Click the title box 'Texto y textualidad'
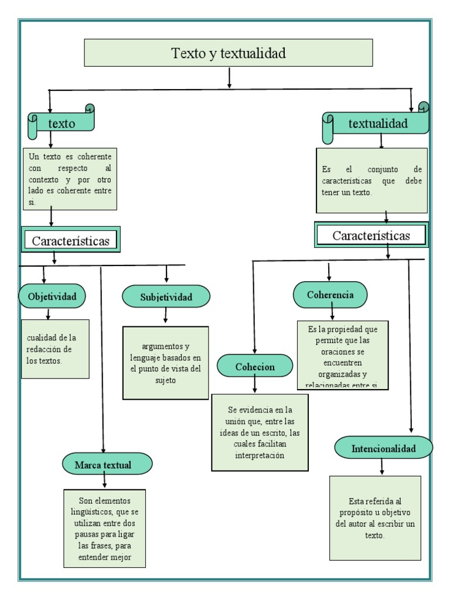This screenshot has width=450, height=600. pos(229,53)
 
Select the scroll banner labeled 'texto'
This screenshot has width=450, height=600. pos(62,123)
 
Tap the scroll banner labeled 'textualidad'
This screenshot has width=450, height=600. pos(377,124)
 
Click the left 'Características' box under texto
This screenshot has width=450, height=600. pos(70,240)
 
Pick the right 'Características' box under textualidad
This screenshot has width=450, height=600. pos(371,236)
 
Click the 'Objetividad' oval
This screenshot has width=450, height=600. pos(52,296)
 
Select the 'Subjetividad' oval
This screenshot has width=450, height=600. pos(166,297)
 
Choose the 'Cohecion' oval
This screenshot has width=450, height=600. pos(255,366)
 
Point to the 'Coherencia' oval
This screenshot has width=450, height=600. pos(330,295)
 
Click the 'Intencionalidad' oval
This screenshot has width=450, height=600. pos(384,448)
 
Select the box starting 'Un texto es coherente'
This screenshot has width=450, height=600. pos(71,179)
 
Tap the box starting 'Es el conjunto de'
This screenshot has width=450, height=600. pos(371,180)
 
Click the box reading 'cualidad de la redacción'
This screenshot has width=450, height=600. pos(55,349)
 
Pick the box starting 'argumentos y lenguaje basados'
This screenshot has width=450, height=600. pos(166,363)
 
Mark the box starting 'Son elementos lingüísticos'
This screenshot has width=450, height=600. pos(105,527)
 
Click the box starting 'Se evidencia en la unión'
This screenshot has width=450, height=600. pos(260,432)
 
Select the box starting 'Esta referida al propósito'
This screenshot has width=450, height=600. pos(375,518)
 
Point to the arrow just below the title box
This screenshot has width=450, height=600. pos(229,78)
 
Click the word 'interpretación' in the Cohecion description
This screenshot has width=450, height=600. pos(260,455)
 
